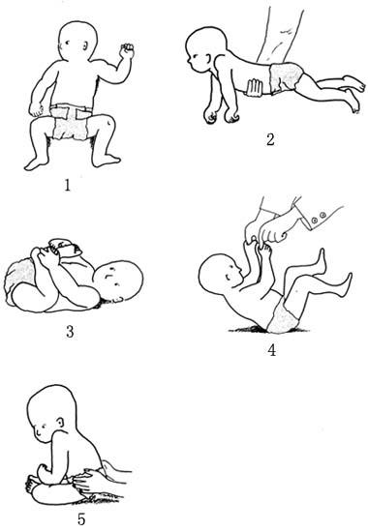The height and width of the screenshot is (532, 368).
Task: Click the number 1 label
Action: (x=67, y=186)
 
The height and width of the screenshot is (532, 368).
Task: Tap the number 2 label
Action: (x=270, y=139)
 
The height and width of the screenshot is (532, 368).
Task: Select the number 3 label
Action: (x=70, y=332)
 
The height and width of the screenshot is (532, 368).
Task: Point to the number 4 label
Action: (x=272, y=350)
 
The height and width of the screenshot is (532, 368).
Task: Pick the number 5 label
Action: (x=81, y=518)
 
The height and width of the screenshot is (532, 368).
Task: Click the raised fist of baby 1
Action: (x=127, y=51)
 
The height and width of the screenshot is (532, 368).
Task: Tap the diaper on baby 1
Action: (x=72, y=122)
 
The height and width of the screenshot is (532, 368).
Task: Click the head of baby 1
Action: (x=77, y=42)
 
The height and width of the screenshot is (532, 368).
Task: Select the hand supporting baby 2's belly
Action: (x=254, y=88)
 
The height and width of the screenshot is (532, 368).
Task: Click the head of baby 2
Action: (x=205, y=49)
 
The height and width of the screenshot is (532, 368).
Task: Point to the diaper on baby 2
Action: (x=286, y=78)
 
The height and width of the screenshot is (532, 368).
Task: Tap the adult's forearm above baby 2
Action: (x=280, y=32)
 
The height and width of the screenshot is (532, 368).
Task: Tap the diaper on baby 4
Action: (x=282, y=314)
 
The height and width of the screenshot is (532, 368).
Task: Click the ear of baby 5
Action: (x=60, y=423)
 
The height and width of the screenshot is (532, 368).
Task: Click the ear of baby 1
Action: (x=86, y=46)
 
